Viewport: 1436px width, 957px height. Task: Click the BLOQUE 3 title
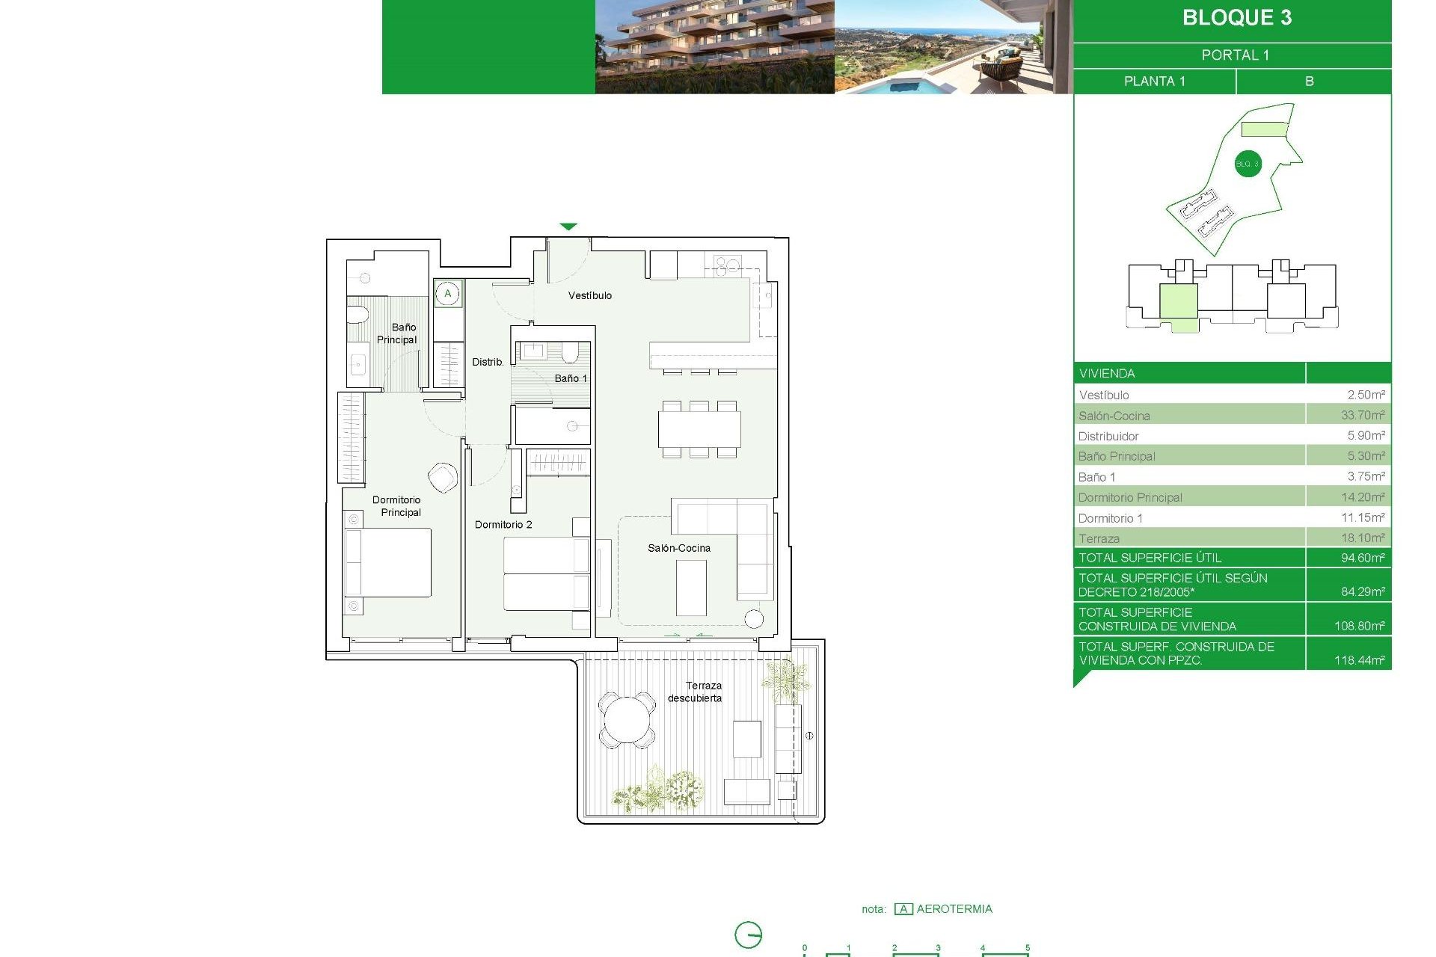tap(1236, 18)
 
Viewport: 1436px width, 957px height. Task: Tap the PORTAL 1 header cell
tap(1235, 55)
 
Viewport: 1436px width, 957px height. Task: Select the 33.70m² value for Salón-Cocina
tap(1362, 415)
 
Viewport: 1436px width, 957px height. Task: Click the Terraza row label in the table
tap(1099, 538)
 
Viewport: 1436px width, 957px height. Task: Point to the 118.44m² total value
tap(1359, 660)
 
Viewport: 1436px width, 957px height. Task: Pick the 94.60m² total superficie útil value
tap(1362, 558)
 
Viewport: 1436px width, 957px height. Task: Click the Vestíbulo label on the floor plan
tap(589, 296)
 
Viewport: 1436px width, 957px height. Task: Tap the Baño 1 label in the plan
tap(571, 378)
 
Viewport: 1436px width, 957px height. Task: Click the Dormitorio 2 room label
tap(503, 525)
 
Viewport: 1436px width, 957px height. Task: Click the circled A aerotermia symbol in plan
tap(448, 294)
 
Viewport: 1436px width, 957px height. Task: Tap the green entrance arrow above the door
tap(568, 227)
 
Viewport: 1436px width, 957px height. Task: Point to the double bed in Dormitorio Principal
tap(388, 563)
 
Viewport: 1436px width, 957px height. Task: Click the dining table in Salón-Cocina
tap(699, 429)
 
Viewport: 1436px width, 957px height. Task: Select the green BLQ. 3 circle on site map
tap(1247, 164)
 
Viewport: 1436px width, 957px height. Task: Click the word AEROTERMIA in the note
tap(954, 909)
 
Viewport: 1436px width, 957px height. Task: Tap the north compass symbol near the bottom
tap(748, 935)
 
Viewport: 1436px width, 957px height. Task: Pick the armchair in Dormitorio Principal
tap(443, 477)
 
